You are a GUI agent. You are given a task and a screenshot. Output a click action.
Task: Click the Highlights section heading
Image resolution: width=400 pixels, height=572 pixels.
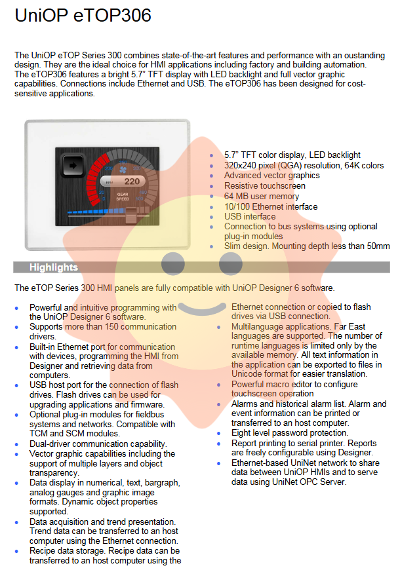(54, 267)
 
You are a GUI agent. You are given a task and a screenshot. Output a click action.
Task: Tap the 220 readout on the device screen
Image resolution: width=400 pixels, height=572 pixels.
(131, 181)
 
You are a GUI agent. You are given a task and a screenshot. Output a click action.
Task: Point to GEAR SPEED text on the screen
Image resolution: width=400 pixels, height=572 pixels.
(123, 196)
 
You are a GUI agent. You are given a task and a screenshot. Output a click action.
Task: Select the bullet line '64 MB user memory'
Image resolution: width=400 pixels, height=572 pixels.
(262, 196)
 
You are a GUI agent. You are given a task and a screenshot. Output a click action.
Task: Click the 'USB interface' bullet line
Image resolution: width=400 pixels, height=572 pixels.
(250, 216)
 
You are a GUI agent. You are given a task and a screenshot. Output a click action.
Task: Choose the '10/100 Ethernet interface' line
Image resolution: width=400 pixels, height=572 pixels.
(271, 206)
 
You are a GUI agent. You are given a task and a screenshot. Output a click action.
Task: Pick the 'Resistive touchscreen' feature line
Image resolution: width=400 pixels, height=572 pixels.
(265, 185)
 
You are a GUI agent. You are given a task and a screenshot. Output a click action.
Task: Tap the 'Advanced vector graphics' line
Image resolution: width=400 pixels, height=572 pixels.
(272, 176)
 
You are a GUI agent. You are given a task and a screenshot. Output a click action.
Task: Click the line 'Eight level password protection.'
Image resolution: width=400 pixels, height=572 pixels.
(290, 433)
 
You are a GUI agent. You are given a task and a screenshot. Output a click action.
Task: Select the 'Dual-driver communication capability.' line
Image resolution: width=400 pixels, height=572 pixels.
(98, 444)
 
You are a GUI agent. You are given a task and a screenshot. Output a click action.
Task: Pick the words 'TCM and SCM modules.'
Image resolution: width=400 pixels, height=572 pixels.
(75, 434)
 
